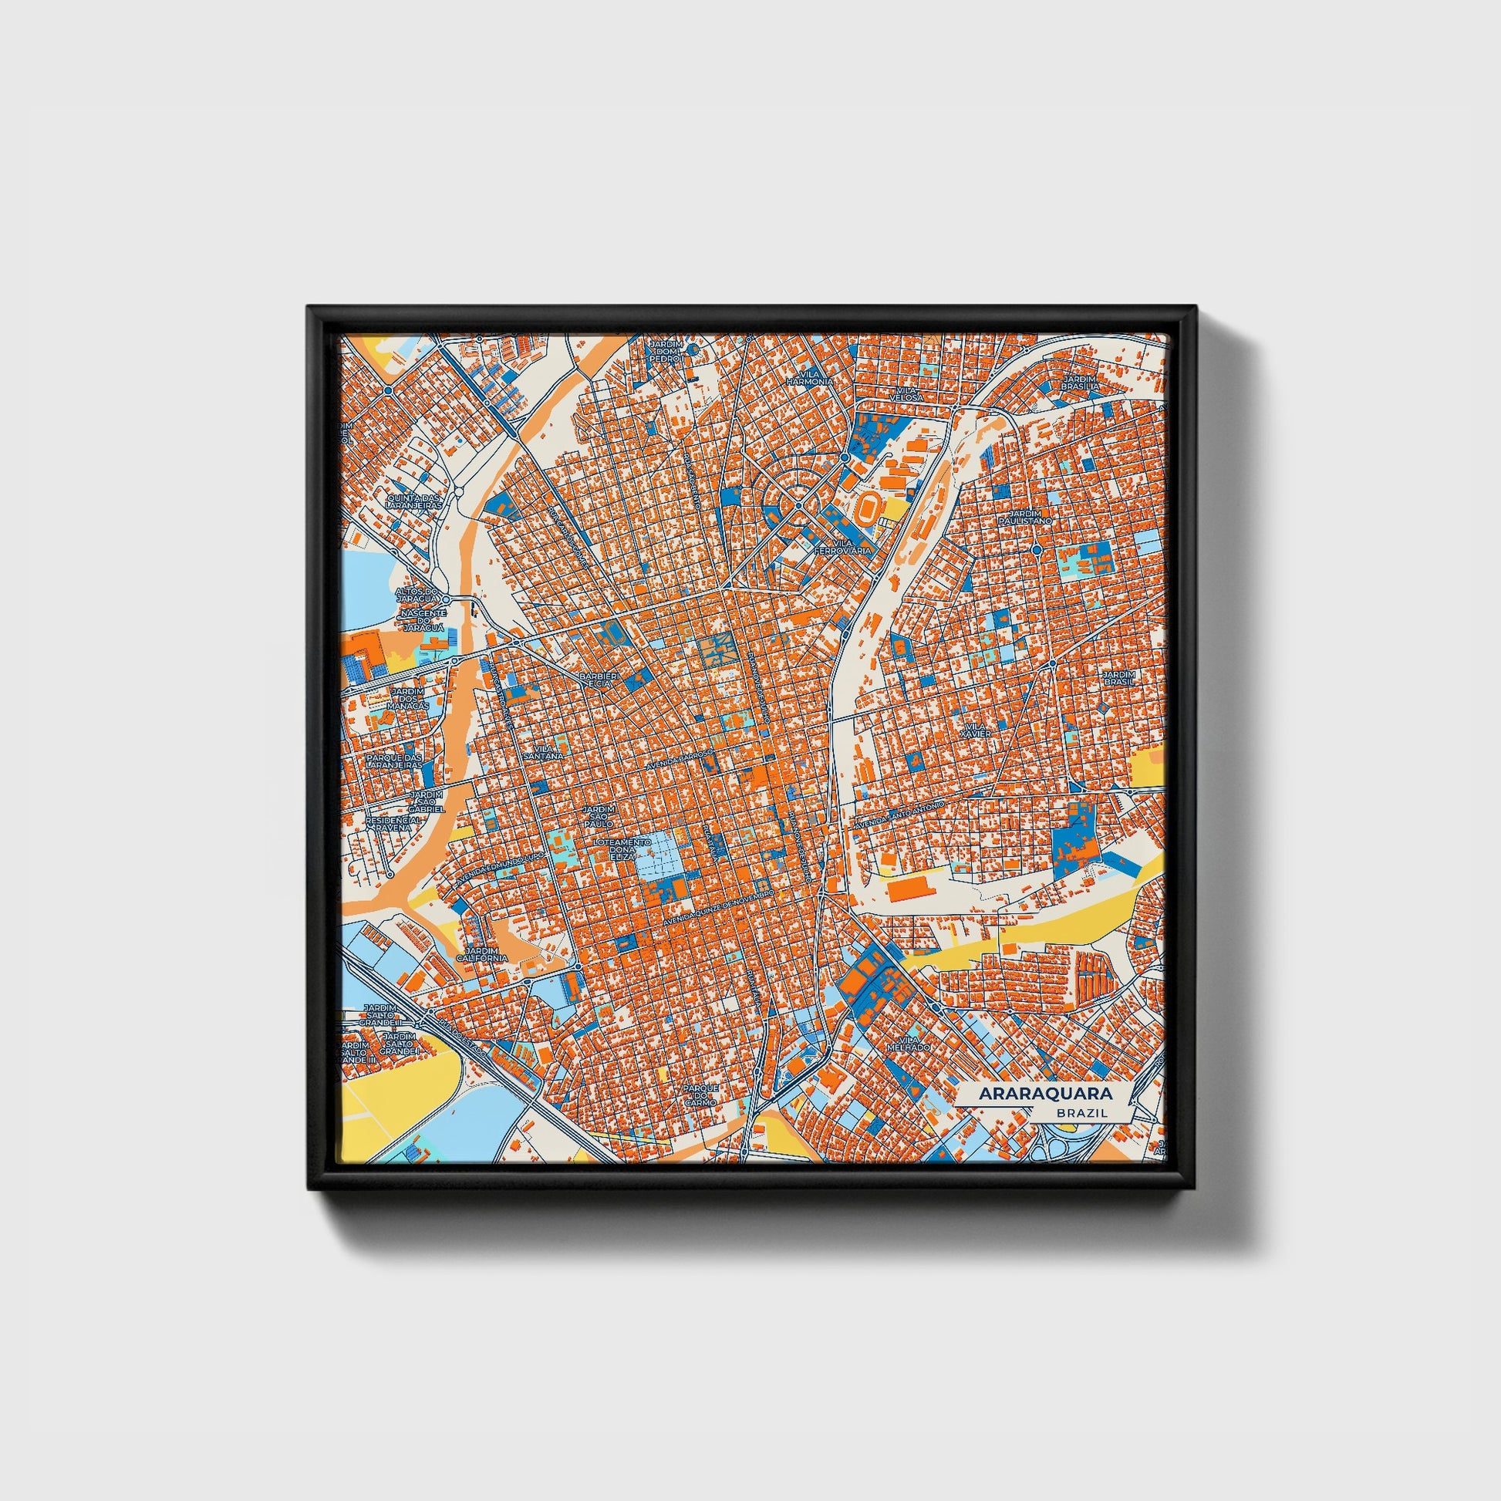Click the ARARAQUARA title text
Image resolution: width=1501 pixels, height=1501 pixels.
(x=1045, y=1093)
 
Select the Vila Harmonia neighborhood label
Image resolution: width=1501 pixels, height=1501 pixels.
(x=810, y=377)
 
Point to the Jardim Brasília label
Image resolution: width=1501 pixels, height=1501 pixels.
(x=1081, y=383)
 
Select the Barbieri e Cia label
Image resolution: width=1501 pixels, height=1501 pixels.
(x=601, y=680)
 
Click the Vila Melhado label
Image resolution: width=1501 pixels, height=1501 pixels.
(x=913, y=1043)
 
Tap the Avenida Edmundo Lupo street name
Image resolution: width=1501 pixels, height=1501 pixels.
(x=502, y=866)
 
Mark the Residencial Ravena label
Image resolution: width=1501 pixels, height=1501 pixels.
(x=394, y=824)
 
